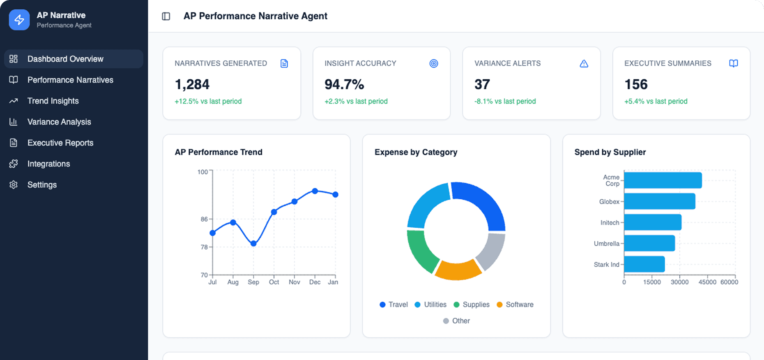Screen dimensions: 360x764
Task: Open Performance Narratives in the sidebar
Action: click(70, 80)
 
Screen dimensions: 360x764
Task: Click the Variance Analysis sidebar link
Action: click(59, 122)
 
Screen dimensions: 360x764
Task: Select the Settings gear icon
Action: click(14, 185)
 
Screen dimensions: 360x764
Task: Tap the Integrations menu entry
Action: click(48, 164)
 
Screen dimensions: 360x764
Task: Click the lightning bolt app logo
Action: click(19, 20)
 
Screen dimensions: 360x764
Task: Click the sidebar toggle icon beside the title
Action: click(166, 16)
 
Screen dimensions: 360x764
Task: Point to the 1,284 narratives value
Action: click(192, 84)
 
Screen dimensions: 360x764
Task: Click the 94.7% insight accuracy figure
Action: click(344, 84)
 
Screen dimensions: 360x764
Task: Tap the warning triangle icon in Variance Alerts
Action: click(584, 63)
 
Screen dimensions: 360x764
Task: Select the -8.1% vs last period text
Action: click(505, 101)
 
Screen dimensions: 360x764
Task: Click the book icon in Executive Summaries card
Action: click(733, 63)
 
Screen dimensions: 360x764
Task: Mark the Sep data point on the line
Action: click(253, 243)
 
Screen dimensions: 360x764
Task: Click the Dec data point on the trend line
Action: click(315, 191)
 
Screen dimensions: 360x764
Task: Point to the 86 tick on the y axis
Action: click(204, 219)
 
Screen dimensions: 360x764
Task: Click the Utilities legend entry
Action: click(430, 305)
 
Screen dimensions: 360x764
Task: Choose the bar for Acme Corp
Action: click(663, 180)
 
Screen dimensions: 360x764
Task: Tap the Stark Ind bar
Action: click(644, 264)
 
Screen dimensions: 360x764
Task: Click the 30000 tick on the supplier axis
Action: click(679, 282)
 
